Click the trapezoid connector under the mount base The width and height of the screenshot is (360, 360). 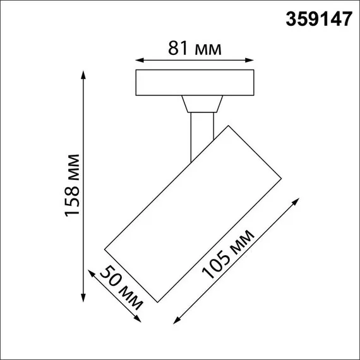pyautogui.click(x=202, y=104)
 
